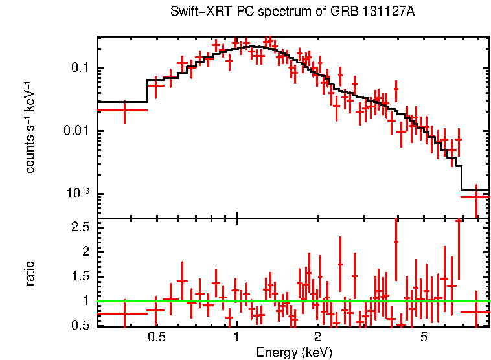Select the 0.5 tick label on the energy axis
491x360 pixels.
tap(156, 338)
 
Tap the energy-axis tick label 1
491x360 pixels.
tap(237, 338)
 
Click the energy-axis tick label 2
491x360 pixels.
tap(318, 338)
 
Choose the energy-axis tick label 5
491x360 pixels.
tap(424, 338)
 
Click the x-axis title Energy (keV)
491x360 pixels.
tap(294, 352)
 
